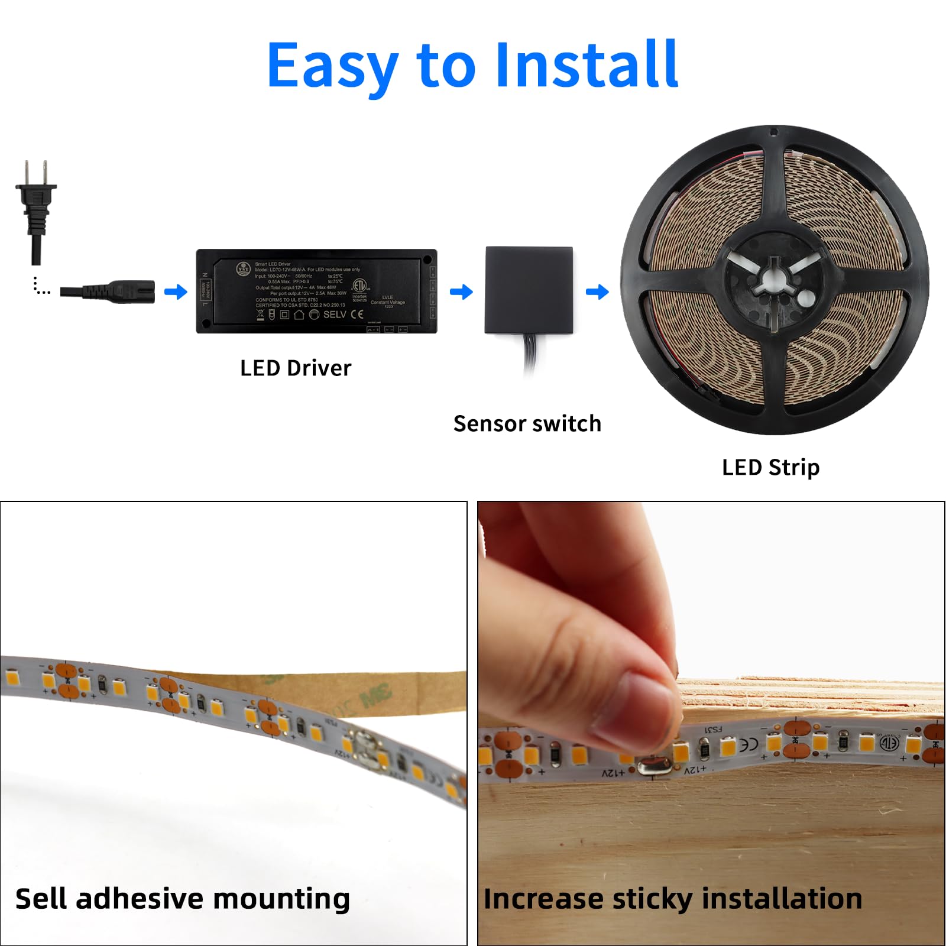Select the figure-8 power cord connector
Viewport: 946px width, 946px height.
[x=121, y=291]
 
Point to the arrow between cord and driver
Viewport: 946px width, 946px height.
[x=176, y=291]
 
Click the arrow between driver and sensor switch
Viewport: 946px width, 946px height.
[x=461, y=291]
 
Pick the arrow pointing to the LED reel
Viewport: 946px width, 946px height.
[x=597, y=291]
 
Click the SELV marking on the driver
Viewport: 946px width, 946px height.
[x=335, y=315]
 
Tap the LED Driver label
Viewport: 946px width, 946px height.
[x=296, y=368]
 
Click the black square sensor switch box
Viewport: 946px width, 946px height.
[x=529, y=290]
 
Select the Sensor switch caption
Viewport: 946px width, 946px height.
[x=527, y=424]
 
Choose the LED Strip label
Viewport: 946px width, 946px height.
[x=770, y=468]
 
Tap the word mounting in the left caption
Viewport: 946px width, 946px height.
[x=281, y=899]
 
